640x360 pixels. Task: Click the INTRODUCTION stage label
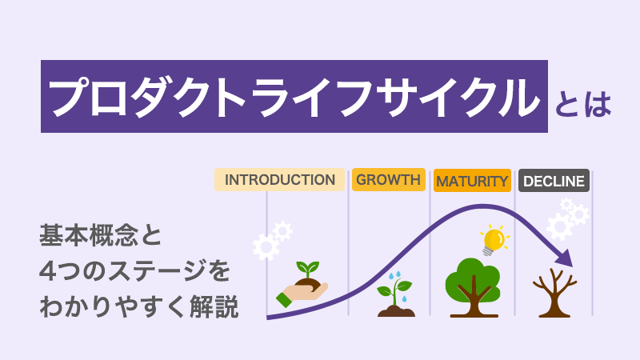pos(279,179)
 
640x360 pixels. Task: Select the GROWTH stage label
pos(389,179)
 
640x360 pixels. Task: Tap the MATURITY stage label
pos(472,181)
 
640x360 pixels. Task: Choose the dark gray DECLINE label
pos(554,181)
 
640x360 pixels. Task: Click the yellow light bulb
pos(494,239)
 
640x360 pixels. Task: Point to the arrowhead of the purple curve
pos(566,258)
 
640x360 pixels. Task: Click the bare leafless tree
pos(554,293)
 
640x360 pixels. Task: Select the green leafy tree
pos(473,287)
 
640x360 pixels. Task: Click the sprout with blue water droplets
pos(395,294)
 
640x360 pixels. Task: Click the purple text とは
pos(583,105)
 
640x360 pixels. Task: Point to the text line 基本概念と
pos(101,235)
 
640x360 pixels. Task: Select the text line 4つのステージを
pos(134,271)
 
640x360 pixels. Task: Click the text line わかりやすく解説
pos(138,307)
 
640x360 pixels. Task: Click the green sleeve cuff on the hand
pos(284,299)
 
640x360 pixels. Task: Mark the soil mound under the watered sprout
pos(396,312)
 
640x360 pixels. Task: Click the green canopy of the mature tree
pos(473,278)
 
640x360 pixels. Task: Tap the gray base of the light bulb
pos(487,251)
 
